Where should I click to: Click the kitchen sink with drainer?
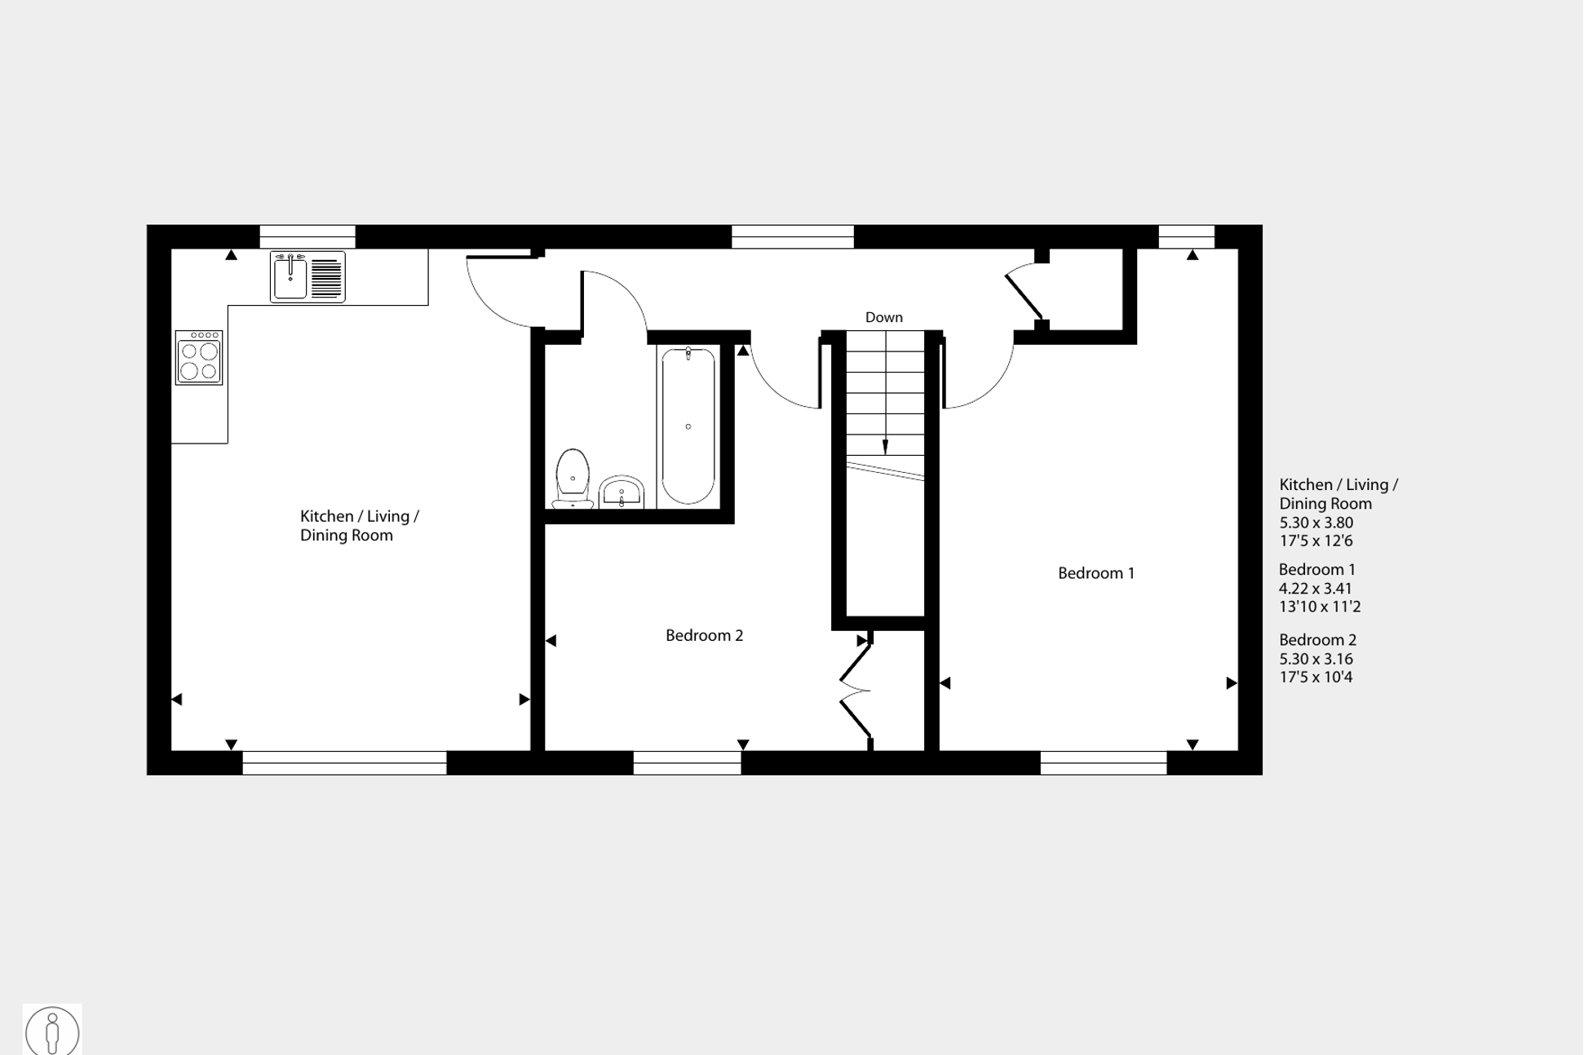tap(308, 277)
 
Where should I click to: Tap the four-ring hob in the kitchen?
tap(199, 357)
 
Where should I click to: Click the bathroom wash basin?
tap(622, 492)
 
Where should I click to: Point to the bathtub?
tap(688, 426)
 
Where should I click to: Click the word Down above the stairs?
tap(884, 317)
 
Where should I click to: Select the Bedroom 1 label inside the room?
tap(1096, 573)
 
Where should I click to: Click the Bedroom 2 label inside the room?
tap(705, 635)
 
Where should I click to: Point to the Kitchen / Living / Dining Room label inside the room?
tap(360, 526)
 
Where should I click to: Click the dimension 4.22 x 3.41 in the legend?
tap(1316, 589)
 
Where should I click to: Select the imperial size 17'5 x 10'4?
tap(1316, 678)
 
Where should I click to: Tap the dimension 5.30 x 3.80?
tap(1316, 523)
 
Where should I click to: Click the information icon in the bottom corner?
tap(52, 1031)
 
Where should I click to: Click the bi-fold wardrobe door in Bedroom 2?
tap(856, 690)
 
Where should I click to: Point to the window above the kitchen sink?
tap(308, 236)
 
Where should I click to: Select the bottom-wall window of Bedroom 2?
tap(688, 763)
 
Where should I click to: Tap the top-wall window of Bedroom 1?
tap(1187, 236)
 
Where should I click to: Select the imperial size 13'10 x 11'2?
tap(1320, 607)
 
